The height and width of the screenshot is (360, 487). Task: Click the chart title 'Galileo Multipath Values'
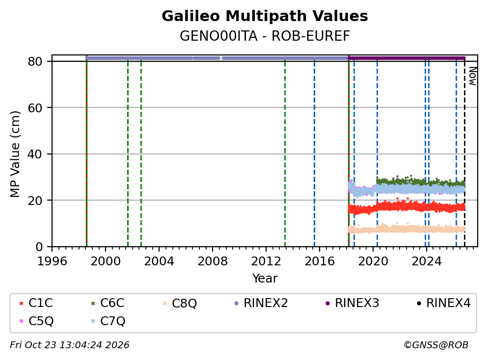(x=265, y=16)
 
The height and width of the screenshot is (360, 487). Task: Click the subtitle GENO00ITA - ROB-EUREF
(x=265, y=36)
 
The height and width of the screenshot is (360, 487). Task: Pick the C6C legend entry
(x=107, y=303)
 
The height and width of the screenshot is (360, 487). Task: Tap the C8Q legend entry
(x=180, y=303)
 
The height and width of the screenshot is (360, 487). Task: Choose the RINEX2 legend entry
(x=261, y=303)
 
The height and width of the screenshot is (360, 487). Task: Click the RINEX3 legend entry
(x=352, y=303)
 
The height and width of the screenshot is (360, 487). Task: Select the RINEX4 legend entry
(x=443, y=303)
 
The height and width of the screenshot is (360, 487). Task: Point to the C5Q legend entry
(x=36, y=321)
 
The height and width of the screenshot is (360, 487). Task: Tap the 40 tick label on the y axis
(x=35, y=154)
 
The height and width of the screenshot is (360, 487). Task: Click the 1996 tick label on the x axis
(x=52, y=261)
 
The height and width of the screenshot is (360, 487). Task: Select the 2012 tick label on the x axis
(x=266, y=261)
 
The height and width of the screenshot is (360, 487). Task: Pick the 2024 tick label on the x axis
(x=427, y=261)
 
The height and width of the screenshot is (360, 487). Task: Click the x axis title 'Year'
(x=265, y=278)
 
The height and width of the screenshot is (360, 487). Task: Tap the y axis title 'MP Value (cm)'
(x=15, y=154)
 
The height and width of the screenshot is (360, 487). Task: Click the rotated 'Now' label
(x=472, y=76)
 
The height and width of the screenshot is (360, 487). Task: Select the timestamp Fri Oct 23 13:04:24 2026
(x=70, y=345)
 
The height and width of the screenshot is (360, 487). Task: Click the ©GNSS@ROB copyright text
(x=436, y=345)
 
